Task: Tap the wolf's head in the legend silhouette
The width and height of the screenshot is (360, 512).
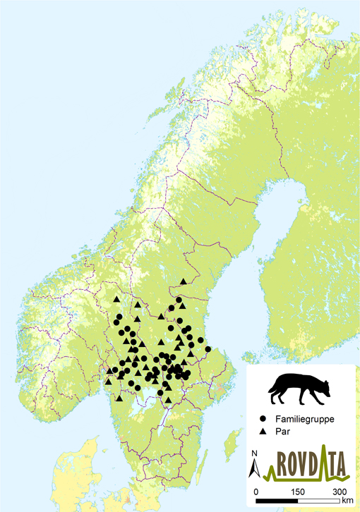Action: point(323,387)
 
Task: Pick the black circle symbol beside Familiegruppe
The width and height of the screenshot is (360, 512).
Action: point(263,418)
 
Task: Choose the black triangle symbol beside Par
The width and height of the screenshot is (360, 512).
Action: point(263,430)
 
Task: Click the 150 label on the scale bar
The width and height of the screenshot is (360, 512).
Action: point(298,491)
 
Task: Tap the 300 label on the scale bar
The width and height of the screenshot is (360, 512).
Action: point(340,491)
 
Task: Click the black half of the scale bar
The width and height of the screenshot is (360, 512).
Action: point(277,500)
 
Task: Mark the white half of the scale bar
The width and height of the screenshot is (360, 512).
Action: point(318,500)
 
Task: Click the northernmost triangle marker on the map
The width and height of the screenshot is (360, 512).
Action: point(184,281)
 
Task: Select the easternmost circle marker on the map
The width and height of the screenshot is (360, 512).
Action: point(208,349)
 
